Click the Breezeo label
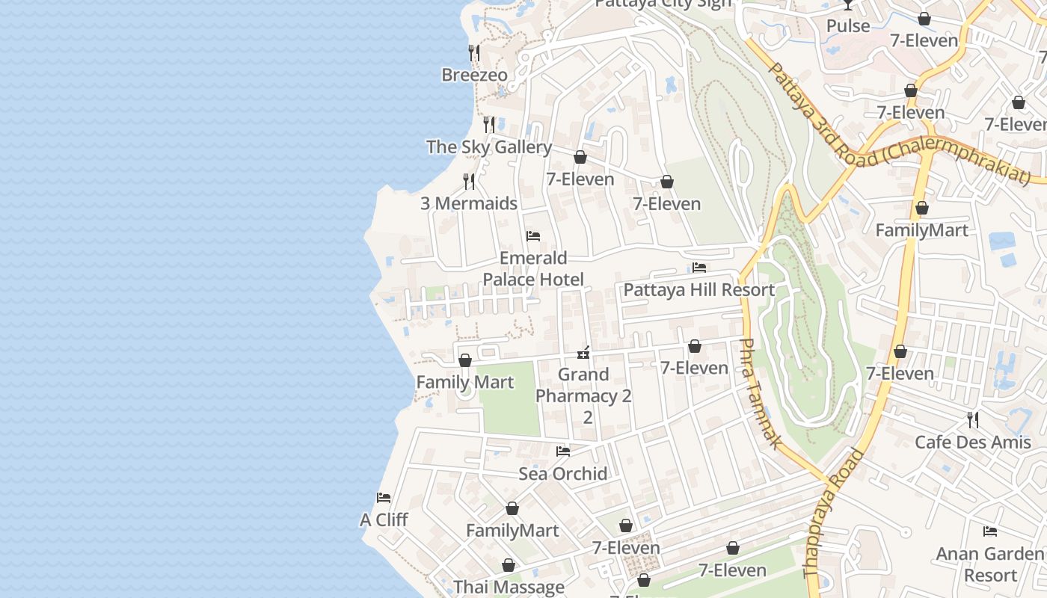(x=474, y=75)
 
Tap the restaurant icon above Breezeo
(x=473, y=52)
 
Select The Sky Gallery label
(x=489, y=147)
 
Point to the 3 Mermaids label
(x=469, y=203)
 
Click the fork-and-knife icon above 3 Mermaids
(x=468, y=181)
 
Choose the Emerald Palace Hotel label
(x=533, y=269)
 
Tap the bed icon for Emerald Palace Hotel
(x=533, y=236)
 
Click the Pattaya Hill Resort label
(x=698, y=290)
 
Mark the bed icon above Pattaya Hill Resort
(x=699, y=268)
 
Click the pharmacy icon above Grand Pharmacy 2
(x=584, y=352)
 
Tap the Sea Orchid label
(x=563, y=474)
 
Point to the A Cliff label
(x=384, y=520)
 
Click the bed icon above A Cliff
(x=384, y=498)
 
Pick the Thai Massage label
(x=509, y=588)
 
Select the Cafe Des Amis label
(x=972, y=442)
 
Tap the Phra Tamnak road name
(x=760, y=393)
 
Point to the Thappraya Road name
(x=833, y=513)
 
